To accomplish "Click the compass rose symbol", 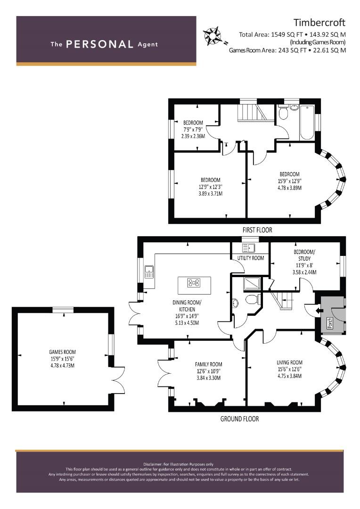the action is pyautogui.click(x=213, y=35).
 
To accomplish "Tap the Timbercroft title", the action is pyautogui.click(x=319, y=23).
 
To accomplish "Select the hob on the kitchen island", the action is pyautogui.click(x=194, y=283).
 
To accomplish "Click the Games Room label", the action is pyautogui.click(x=62, y=352).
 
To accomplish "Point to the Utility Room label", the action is pyautogui.click(x=251, y=258).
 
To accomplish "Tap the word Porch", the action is pyautogui.click(x=329, y=323).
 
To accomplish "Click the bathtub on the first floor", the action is pyautogui.click(x=307, y=123).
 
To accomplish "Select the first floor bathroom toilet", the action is pyautogui.click(x=283, y=113).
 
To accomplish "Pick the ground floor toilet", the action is pyautogui.click(x=252, y=299).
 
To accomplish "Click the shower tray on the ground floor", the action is pyautogui.click(x=252, y=283).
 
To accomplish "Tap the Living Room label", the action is pyautogui.click(x=290, y=362).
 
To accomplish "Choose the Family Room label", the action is pyautogui.click(x=208, y=364).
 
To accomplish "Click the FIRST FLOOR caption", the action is pyautogui.click(x=257, y=230).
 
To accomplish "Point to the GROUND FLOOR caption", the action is pyautogui.click(x=239, y=419).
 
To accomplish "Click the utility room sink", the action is pyautogui.click(x=249, y=248).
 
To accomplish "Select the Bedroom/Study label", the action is pyautogui.click(x=304, y=255).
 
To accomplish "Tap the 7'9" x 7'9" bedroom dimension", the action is pyautogui.click(x=193, y=130).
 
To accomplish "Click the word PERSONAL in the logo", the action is pyautogui.click(x=99, y=44).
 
